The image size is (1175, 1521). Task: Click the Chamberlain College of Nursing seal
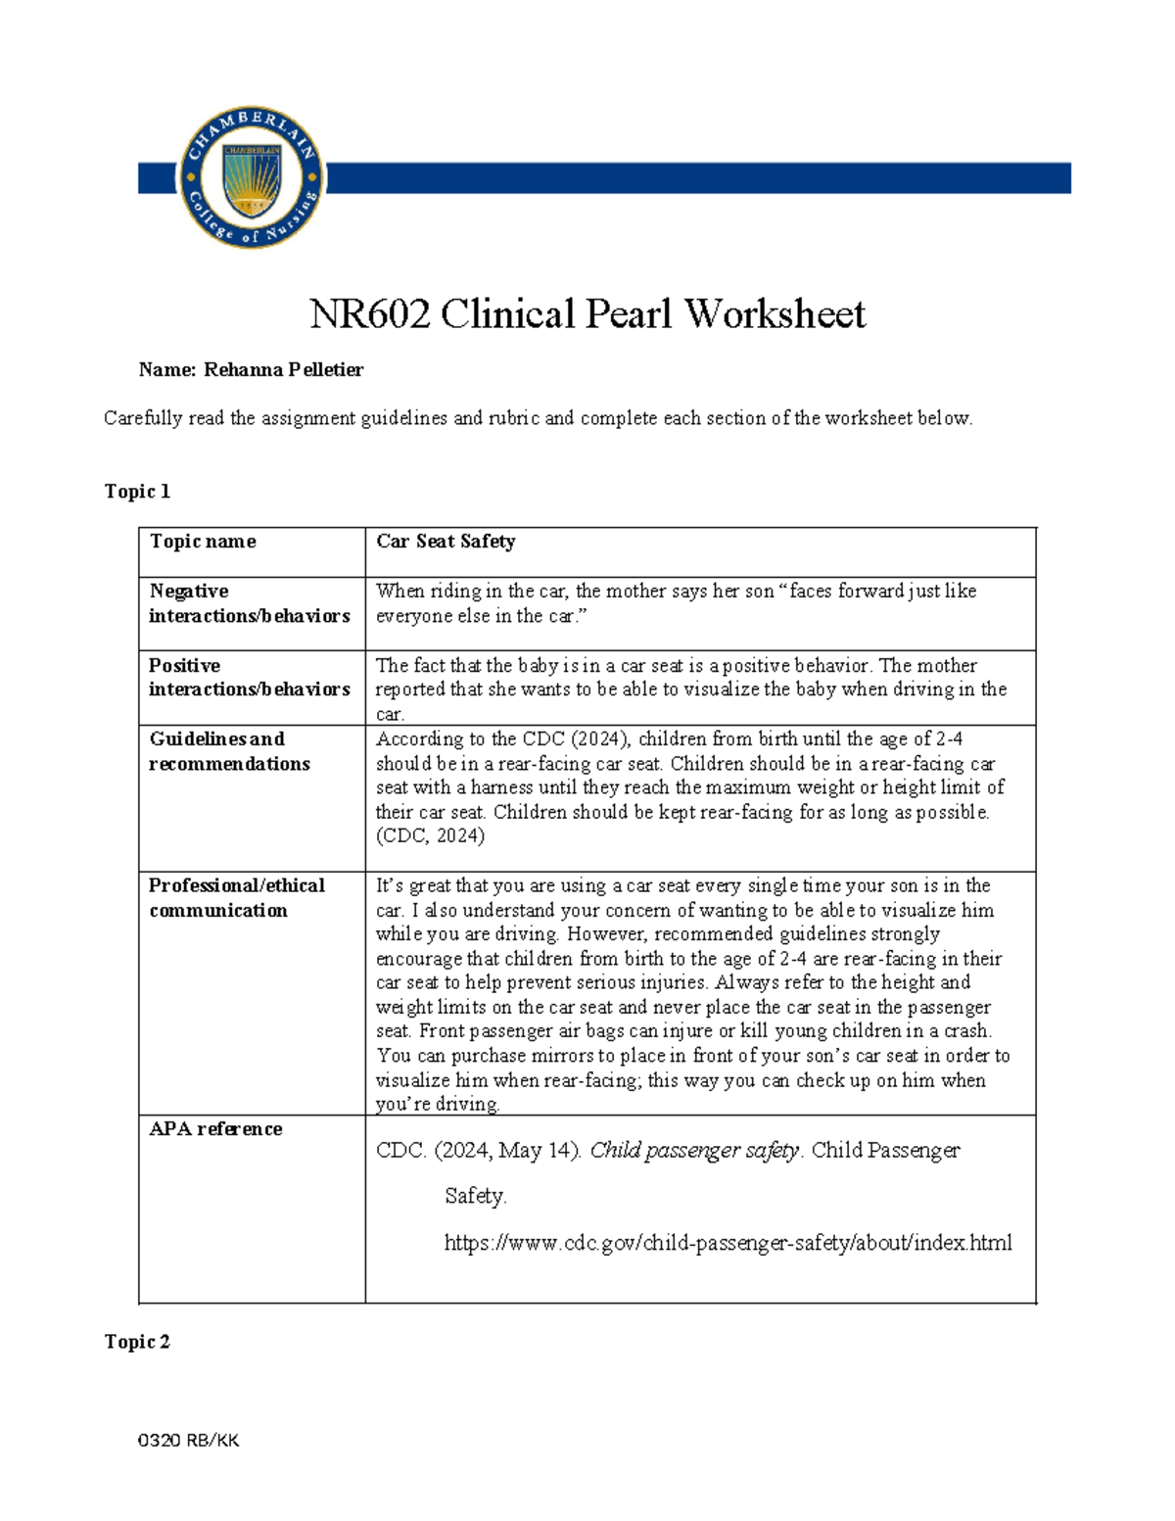pyautogui.click(x=252, y=177)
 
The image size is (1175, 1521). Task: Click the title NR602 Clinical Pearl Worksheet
pyautogui.click(x=587, y=314)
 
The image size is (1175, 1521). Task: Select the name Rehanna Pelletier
pyautogui.click(x=283, y=370)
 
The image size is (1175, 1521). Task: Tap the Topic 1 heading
pyautogui.click(x=137, y=492)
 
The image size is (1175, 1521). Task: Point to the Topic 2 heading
pyautogui.click(x=137, y=1342)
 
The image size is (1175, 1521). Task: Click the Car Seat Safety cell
pyautogui.click(x=446, y=542)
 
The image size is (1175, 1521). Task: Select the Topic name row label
pyautogui.click(x=203, y=542)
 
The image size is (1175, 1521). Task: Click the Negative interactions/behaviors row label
pyautogui.click(x=249, y=603)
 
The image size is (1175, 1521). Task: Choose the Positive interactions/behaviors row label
pyautogui.click(x=249, y=677)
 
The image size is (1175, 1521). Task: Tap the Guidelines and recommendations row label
pyautogui.click(x=229, y=751)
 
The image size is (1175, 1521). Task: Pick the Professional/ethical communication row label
pyautogui.click(x=236, y=897)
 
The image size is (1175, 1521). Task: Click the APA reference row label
pyautogui.click(x=215, y=1129)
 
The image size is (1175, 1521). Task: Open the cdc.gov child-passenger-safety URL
pyautogui.click(x=728, y=1243)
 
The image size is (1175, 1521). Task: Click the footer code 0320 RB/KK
pyautogui.click(x=189, y=1441)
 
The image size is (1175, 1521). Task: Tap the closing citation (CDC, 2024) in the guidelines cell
pyautogui.click(x=430, y=836)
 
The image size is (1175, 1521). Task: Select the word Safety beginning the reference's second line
pyautogui.click(x=475, y=1196)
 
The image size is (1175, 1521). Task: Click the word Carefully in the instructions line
pyautogui.click(x=143, y=418)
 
